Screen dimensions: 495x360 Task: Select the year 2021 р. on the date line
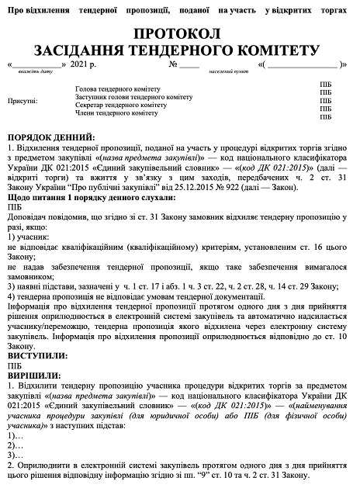(x=84, y=64)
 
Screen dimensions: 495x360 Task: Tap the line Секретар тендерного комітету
(x=120, y=105)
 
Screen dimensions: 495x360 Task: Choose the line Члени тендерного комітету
(x=116, y=112)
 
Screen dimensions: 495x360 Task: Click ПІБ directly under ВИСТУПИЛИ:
(x=15, y=363)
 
